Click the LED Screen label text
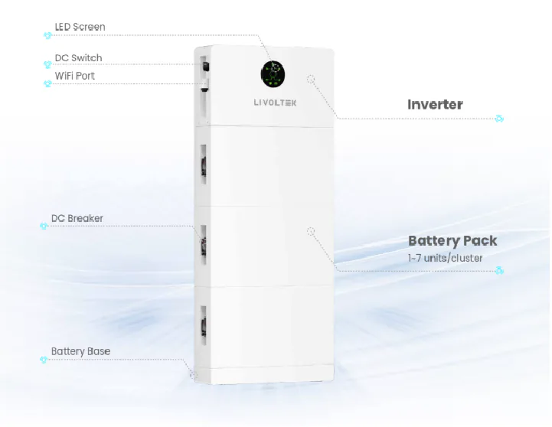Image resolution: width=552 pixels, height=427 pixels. [x=80, y=27]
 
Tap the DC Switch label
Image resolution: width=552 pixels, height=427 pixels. [x=79, y=57]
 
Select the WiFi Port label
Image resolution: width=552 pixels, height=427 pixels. [x=74, y=76]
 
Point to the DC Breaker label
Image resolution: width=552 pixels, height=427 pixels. [x=77, y=218]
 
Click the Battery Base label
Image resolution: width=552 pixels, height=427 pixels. [x=80, y=351]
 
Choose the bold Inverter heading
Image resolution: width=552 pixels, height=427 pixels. [x=435, y=105]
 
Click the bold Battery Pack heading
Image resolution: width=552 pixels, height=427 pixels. [x=452, y=241]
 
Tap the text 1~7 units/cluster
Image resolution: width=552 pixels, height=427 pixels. [x=446, y=258]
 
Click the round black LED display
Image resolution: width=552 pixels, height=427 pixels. [x=273, y=74]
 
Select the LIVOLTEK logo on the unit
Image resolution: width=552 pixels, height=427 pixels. [x=276, y=103]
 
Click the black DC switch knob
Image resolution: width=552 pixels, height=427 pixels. [x=206, y=66]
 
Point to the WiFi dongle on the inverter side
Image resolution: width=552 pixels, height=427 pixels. [x=204, y=86]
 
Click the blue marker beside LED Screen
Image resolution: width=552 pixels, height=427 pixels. [x=47, y=35]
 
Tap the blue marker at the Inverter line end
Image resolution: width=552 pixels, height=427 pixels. [x=499, y=119]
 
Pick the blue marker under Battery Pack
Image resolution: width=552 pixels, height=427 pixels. [x=499, y=271]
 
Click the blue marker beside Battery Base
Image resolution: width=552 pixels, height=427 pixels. [x=44, y=360]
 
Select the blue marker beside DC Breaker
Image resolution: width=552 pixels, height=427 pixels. [x=44, y=226]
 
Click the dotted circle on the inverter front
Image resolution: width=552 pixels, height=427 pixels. [x=311, y=79]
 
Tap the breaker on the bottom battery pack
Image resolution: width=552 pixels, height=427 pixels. [x=204, y=325]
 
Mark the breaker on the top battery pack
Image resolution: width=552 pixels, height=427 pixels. [x=204, y=165]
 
